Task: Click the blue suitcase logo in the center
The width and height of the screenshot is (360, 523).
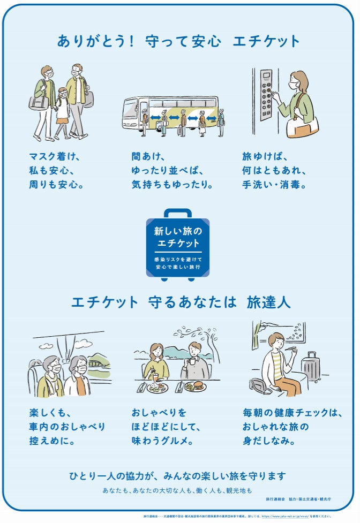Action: (178, 244)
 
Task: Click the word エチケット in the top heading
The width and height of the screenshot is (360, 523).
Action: (266, 41)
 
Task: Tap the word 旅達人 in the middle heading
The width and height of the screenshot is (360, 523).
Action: (268, 302)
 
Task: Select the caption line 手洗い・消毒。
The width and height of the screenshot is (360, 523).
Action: (274, 185)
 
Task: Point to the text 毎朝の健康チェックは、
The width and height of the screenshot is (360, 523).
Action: (292, 413)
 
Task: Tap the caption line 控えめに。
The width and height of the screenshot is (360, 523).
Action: (52, 442)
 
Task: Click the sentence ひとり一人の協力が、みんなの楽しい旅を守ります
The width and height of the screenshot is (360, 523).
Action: (177, 475)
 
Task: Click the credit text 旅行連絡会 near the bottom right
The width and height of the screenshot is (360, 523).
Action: (275, 499)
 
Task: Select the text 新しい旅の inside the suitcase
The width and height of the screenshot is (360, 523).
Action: (178, 231)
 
